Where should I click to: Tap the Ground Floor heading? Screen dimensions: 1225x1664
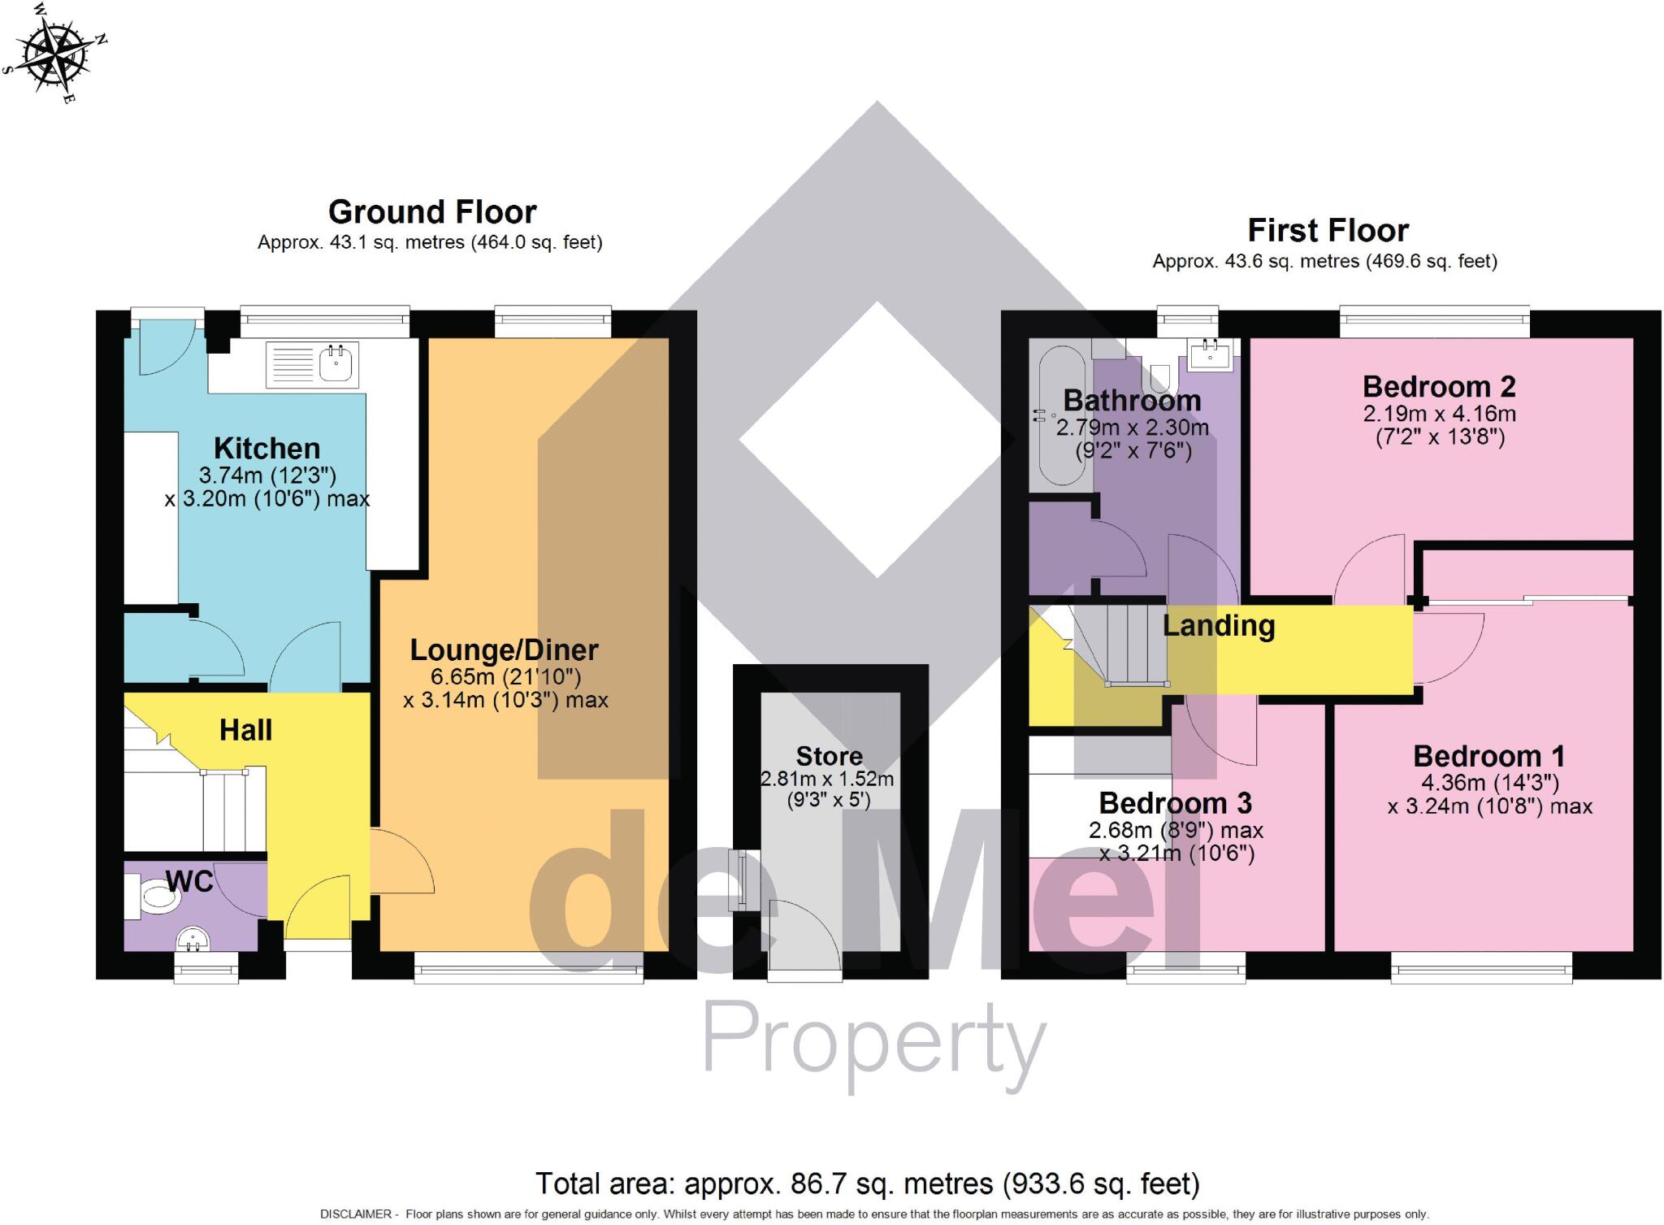[431, 212]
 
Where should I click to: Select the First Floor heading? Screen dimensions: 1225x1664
[1328, 231]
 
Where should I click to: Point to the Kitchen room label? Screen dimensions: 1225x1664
[266, 449]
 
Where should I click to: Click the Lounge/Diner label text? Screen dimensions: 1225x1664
[504, 650]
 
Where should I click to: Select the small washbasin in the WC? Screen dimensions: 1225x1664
[193, 940]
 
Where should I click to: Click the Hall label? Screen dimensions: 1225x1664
[245, 730]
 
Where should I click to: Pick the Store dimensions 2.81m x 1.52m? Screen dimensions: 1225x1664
[827, 779]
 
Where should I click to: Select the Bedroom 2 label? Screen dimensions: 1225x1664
[1439, 386]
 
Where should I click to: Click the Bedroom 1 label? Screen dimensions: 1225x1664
[1488, 757]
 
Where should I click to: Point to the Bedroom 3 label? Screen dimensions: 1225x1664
[1175, 803]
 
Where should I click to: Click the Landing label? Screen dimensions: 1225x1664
[1219, 626]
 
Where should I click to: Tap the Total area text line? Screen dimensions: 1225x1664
[867, 1184]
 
